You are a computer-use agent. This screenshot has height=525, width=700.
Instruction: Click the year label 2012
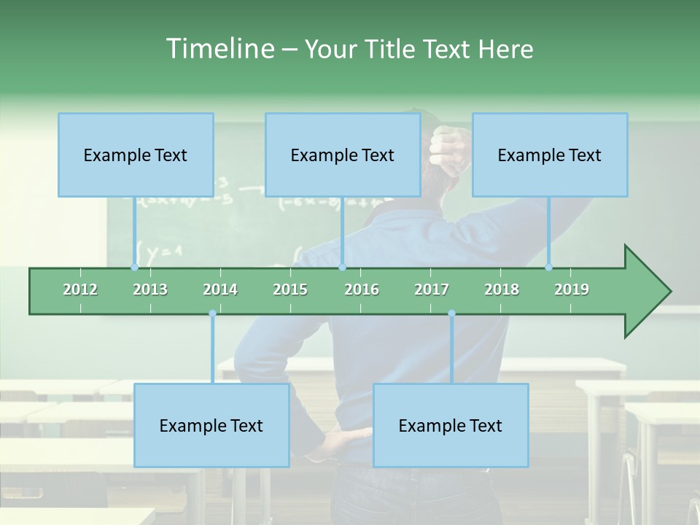[80, 289]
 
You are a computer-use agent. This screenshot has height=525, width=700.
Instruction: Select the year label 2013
[150, 289]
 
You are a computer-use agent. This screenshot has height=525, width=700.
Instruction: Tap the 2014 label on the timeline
[220, 289]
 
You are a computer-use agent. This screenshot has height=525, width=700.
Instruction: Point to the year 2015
[290, 289]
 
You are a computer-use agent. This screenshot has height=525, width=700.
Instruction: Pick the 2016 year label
[362, 289]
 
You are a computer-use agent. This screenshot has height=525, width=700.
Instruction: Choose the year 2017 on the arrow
[432, 289]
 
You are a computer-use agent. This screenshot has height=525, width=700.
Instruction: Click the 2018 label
[502, 289]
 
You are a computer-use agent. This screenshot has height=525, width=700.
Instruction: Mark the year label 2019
[572, 289]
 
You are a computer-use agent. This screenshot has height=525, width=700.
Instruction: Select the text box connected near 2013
[136, 155]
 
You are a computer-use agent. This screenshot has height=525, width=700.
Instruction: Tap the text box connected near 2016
[343, 155]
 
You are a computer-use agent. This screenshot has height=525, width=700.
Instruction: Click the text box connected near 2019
[550, 155]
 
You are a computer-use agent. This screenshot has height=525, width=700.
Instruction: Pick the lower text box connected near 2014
[211, 425]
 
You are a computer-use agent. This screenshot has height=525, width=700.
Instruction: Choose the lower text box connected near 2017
[451, 425]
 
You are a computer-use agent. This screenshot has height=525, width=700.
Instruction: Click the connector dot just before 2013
[134, 267]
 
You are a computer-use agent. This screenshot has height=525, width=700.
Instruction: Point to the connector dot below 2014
[212, 314]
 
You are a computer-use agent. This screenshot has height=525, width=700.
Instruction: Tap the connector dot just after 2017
[451, 314]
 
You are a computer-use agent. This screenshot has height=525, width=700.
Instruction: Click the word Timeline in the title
[219, 49]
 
